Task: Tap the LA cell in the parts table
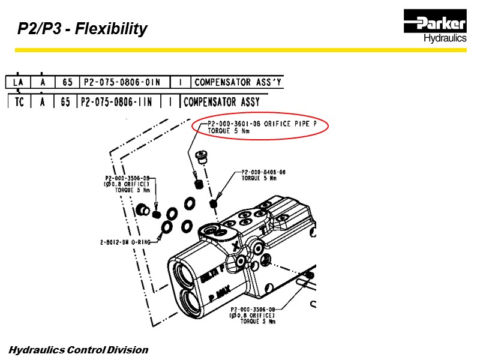(18, 82)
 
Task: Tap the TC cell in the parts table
(19, 101)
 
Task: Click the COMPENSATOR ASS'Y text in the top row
(238, 82)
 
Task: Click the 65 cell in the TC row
(65, 101)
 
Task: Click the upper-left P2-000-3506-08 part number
(127, 178)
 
